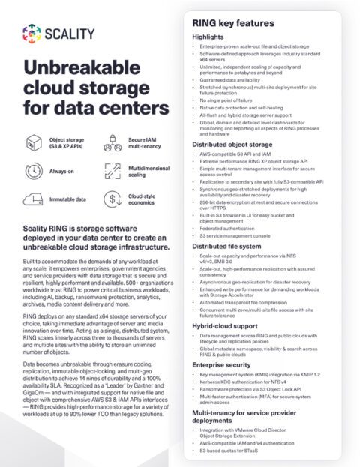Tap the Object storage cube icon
32,142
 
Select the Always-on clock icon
32,170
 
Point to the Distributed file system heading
227,245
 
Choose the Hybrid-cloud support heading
224,327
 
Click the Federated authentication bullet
232,226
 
